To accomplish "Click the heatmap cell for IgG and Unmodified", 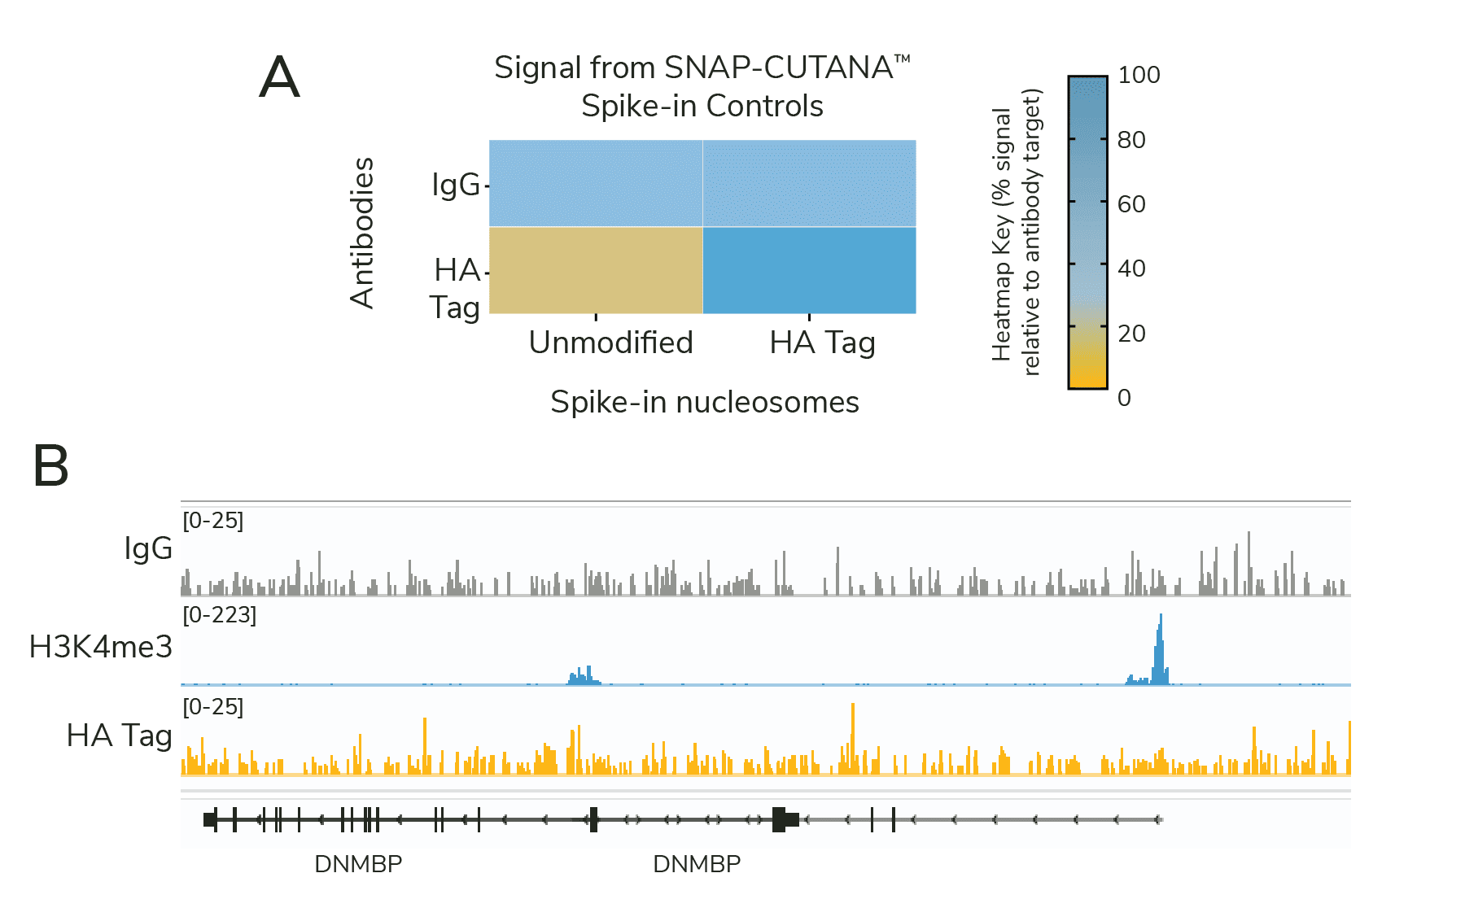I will tap(595, 183).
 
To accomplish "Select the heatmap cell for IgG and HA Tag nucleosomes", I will tap(809, 183).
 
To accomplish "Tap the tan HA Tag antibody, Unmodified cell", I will tap(595, 270).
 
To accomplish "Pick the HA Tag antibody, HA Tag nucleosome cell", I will tap(809, 270).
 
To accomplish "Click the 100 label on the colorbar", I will tap(1139, 76).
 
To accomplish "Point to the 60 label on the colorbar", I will tap(1131, 204).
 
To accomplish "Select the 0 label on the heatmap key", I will tap(1124, 398).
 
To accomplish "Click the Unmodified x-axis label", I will tap(610, 343).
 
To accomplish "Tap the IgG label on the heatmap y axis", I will tap(456, 185).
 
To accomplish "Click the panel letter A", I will tap(279, 78).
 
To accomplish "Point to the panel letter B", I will tap(50, 466).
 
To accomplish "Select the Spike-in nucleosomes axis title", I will tap(704, 402).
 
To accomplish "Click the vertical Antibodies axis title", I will tap(362, 233).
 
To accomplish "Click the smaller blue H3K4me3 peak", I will tap(584, 676).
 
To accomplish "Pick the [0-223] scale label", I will tap(219, 615).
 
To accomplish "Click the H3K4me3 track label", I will tap(101, 647).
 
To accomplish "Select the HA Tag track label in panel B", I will tap(119, 736).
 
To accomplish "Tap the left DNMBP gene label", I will tap(358, 864).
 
